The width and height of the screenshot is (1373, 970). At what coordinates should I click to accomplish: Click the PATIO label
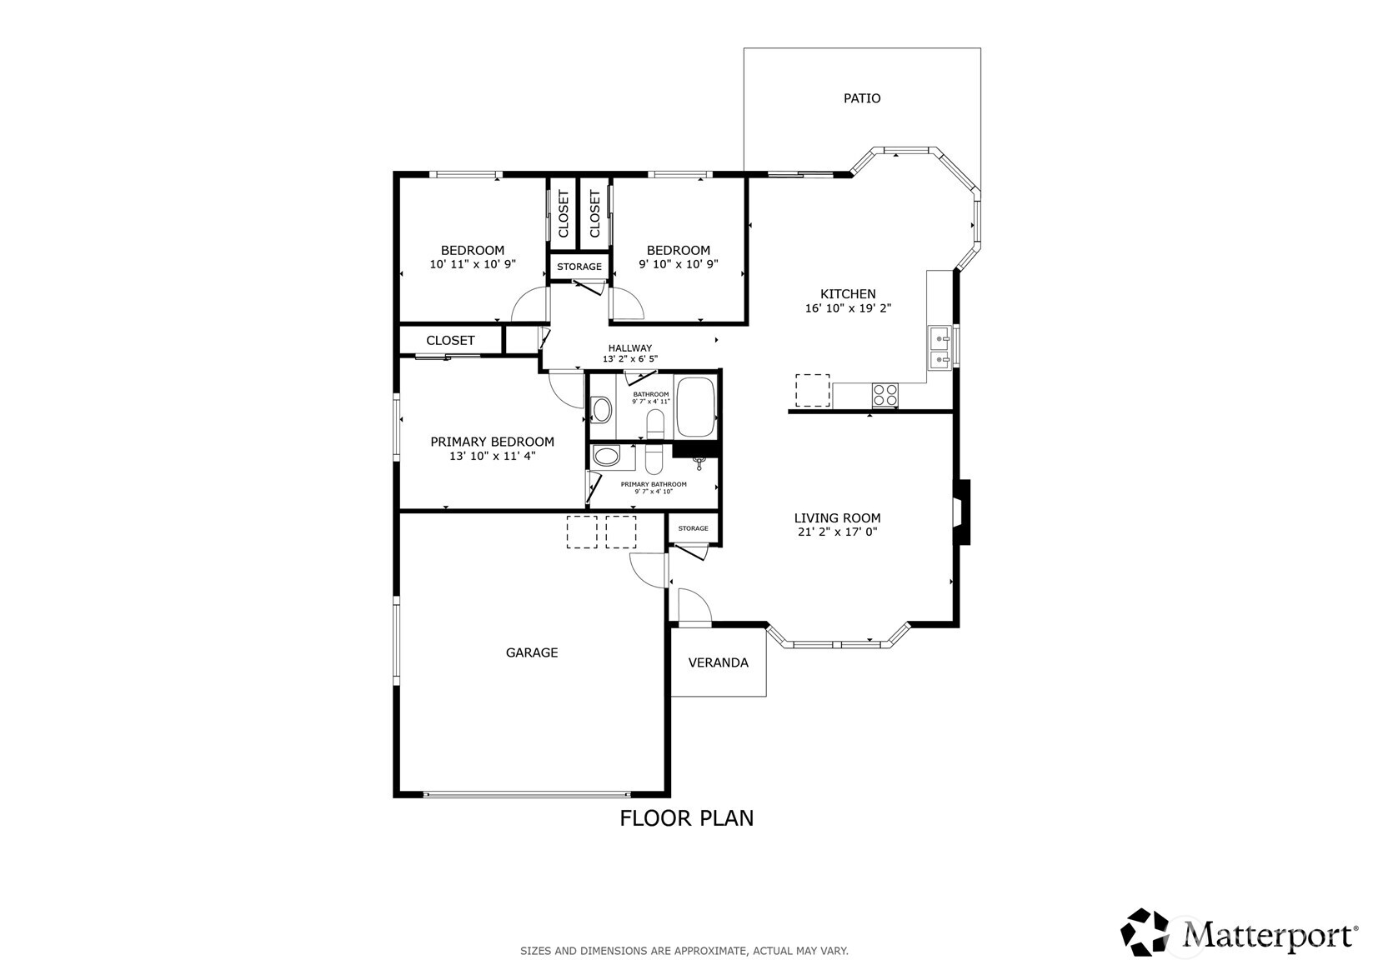[x=862, y=98]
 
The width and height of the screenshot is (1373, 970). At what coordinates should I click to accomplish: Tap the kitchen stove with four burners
[x=885, y=395]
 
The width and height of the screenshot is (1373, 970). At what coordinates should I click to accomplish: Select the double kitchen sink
[x=939, y=347]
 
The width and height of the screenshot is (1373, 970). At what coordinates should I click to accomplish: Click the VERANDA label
[x=718, y=662]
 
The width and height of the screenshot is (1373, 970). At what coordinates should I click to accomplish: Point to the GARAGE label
[x=531, y=652]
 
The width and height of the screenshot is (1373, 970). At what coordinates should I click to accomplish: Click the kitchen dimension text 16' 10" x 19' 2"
[x=848, y=308]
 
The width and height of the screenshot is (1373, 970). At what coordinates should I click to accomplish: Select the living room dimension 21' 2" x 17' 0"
[x=837, y=532]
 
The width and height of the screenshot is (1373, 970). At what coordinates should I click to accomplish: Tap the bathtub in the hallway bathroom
[x=696, y=407]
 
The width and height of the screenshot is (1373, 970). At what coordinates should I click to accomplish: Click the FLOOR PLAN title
[x=687, y=818]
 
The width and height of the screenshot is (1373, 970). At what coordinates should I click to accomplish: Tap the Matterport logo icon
[x=1145, y=932]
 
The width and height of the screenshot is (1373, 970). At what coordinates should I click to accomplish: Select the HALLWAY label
[x=630, y=348]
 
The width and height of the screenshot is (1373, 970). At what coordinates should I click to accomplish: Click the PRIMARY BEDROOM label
[x=492, y=442]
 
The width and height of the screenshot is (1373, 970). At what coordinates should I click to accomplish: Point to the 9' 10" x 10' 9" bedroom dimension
[x=678, y=264]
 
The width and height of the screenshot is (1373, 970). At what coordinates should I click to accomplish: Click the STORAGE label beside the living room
[x=694, y=528]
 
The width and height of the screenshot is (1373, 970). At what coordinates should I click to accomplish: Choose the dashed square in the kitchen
[x=813, y=390]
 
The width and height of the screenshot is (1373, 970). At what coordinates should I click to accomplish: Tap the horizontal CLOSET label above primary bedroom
[x=450, y=341]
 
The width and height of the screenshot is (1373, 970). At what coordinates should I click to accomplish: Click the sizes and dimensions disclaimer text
[x=684, y=951]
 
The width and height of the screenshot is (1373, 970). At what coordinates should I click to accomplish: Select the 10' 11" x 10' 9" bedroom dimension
[x=473, y=264]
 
